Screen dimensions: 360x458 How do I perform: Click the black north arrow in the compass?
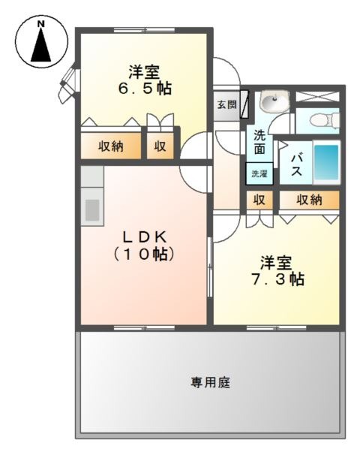(x=40, y=45)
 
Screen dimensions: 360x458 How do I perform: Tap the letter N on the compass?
(x=41, y=24)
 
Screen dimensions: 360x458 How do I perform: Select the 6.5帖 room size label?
(x=145, y=88)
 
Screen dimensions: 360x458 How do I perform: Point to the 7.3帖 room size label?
(x=277, y=279)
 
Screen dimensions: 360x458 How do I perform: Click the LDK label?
(x=145, y=237)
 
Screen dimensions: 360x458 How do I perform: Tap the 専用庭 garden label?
(x=210, y=382)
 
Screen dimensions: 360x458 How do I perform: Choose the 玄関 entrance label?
(x=226, y=104)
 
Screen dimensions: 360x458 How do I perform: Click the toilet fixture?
(x=325, y=120)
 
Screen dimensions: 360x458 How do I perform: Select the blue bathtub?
(x=326, y=162)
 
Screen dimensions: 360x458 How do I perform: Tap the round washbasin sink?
(x=273, y=101)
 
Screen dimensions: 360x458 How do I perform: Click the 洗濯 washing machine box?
(x=259, y=173)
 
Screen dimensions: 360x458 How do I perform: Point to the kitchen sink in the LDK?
(x=92, y=210)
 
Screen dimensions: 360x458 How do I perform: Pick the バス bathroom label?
(x=296, y=164)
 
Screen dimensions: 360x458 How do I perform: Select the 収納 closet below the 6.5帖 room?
(x=111, y=146)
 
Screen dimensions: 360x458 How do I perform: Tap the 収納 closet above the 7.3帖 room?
(x=309, y=200)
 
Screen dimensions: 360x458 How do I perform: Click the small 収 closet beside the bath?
(x=259, y=200)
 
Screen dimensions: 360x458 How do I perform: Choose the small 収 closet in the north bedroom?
(x=160, y=146)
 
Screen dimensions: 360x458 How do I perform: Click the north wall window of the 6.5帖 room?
(x=145, y=30)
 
